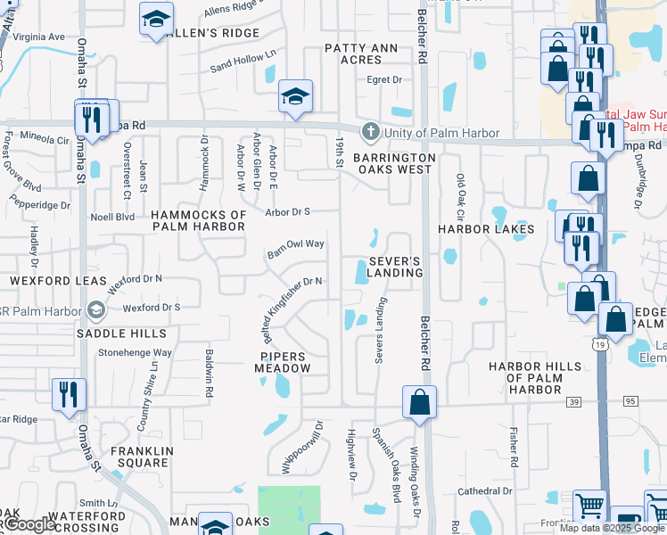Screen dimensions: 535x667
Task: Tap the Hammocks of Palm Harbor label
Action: (197, 220)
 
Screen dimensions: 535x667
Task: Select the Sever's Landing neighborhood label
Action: (394, 266)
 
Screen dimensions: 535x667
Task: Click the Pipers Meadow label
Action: (285, 361)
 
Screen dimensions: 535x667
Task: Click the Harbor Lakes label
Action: (485, 229)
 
